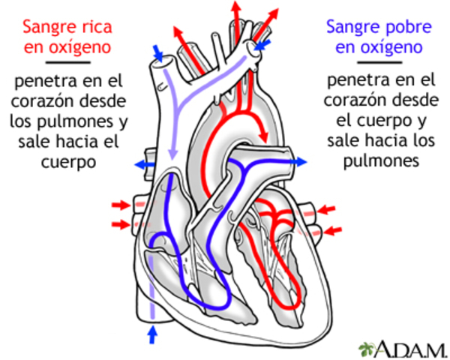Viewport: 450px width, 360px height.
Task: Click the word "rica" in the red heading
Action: coord(95,27)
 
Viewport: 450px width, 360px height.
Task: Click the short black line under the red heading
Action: coord(67,64)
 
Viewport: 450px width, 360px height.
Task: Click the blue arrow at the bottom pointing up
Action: coord(154,333)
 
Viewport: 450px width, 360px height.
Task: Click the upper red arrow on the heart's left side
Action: coord(121,205)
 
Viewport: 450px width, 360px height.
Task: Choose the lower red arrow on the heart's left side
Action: coord(121,223)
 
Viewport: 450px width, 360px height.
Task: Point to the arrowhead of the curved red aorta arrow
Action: coord(264,134)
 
